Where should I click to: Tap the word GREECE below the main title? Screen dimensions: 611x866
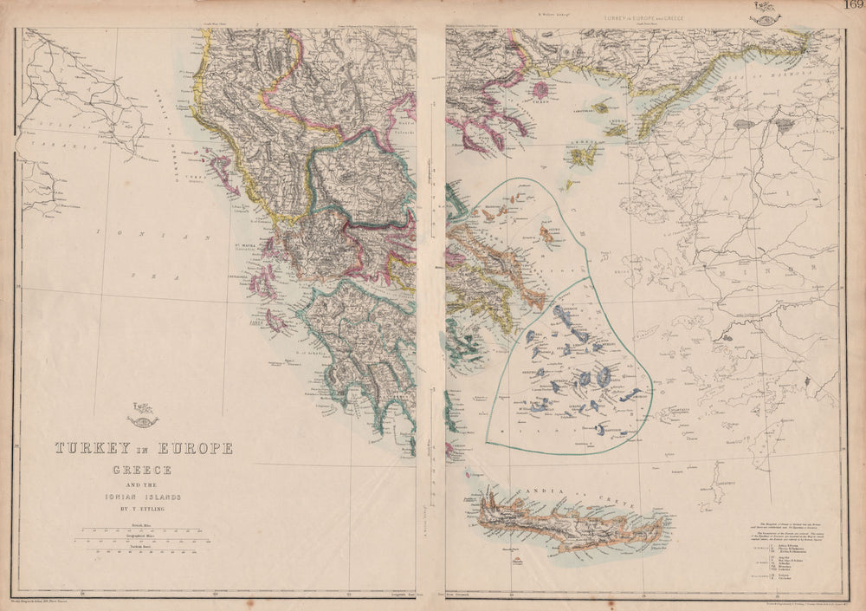pyautogui.click(x=144, y=470)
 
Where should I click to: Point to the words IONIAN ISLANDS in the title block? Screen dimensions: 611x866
pyautogui.click(x=144, y=497)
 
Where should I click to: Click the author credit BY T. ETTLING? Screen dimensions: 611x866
pyautogui.click(x=144, y=509)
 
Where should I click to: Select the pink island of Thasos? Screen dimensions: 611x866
pyautogui.click(x=542, y=89)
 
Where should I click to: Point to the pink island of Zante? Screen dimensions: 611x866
pyautogui.click(x=275, y=322)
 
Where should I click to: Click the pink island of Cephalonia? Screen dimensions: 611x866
pyautogui.click(x=259, y=283)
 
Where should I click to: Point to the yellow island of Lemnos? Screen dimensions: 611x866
pyautogui.click(x=585, y=155)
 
